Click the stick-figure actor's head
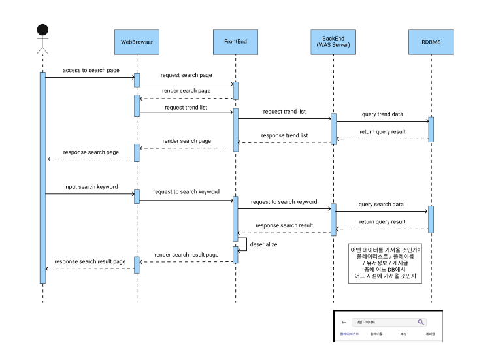tap(42, 30)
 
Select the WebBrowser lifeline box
tap(137, 42)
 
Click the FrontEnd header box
tap(235, 42)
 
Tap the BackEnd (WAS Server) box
tap(333, 42)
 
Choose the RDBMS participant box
tap(431, 42)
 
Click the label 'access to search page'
tap(91, 70)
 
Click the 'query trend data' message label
tap(382, 114)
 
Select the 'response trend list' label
tap(284, 135)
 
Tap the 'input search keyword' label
tap(91, 187)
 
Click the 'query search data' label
tap(381, 205)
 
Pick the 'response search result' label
tap(284, 225)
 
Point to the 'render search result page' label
tap(186, 255)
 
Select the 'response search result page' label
tap(90, 261)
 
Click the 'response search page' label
tap(91, 152)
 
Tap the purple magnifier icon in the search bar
tap(421, 322)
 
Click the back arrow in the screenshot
tap(344, 322)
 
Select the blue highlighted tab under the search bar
tap(350, 334)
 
